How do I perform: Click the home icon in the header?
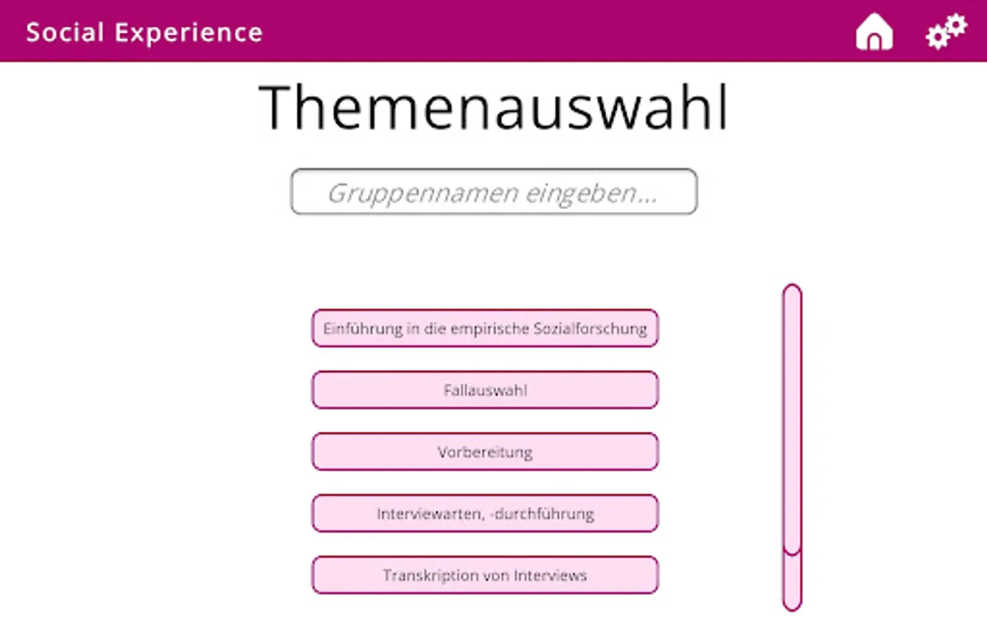pos(874,32)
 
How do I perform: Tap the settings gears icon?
pos(947,32)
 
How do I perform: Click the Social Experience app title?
pos(145,33)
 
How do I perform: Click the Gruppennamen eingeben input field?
pos(494,192)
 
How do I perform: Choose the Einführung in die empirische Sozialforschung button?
pos(485,328)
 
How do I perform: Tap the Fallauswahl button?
pos(485,390)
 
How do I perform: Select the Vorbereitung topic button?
pos(485,452)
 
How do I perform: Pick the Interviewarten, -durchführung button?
pos(485,513)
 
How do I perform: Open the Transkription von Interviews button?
pos(485,575)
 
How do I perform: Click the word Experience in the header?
pos(189,33)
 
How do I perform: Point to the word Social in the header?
pos(64,32)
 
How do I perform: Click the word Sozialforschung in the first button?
pos(590,329)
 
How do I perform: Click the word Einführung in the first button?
pos(363,329)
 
